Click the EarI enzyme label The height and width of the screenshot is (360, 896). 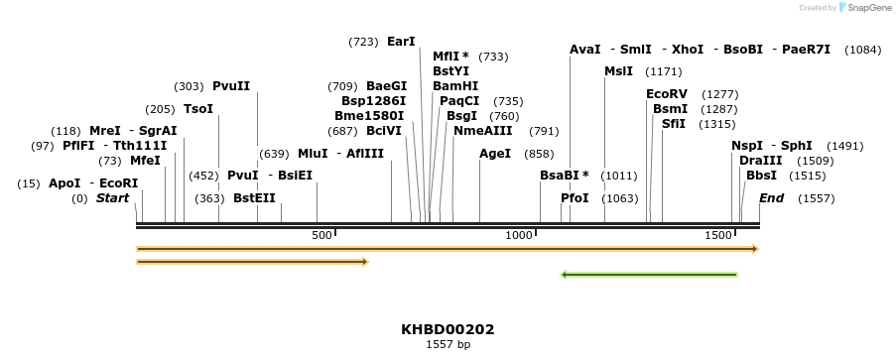(x=401, y=42)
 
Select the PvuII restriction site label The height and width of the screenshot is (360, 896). (x=231, y=86)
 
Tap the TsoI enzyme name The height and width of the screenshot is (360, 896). (x=198, y=108)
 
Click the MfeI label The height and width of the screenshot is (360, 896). (x=145, y=161)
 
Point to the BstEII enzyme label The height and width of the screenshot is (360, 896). (x=254, y=198)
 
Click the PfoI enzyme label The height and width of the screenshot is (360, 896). (x=575, y=198)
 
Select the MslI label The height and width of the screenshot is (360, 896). (x=618, y=71)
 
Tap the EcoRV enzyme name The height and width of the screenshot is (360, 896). (x=667, y=94)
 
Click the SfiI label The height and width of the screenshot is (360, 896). (x=675, y=124)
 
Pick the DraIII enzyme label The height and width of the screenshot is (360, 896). (x=760, y=161)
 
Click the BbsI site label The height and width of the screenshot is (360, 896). (x=762, y=176)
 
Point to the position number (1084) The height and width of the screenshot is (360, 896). (x=862, y=50)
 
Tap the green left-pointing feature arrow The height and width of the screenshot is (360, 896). (x=649, y=274)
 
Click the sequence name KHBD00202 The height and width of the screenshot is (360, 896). (x=448, y=329)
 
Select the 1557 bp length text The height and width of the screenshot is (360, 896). (x=448, y=345)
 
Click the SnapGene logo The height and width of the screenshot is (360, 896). (x=861, y=8)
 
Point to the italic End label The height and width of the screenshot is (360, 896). (x=771, y=198)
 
